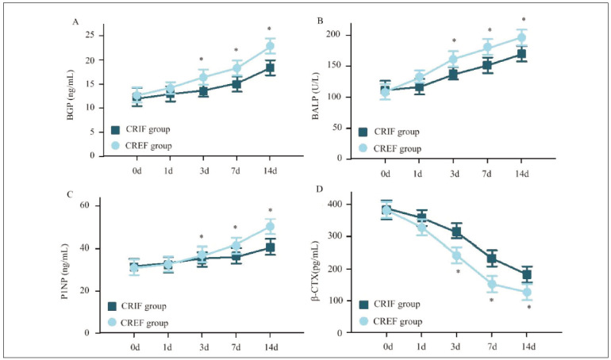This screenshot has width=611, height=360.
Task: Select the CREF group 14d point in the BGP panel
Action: coord(270,47)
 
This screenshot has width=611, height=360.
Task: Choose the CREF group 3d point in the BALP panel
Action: coord(454,59)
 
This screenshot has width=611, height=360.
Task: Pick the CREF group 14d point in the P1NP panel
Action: coord(270,228)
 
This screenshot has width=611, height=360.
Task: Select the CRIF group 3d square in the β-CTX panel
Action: coord(456,232)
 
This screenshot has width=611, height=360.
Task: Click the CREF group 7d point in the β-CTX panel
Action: coord(490,284)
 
